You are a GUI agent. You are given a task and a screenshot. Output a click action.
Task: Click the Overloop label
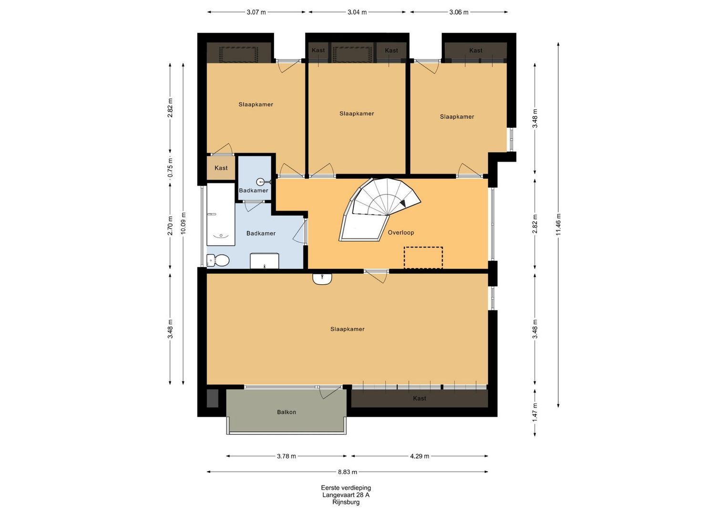point(401,233)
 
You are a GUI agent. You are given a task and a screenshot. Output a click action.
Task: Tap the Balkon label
point(287,412)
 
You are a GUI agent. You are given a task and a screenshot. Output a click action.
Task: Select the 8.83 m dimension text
point(348,472)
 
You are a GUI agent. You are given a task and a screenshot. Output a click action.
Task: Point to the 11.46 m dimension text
point(558,224)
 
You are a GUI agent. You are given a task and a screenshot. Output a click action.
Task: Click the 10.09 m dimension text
point(183,223)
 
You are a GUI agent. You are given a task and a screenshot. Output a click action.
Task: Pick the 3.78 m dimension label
point(287,456)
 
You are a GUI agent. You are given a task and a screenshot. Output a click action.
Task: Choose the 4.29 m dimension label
point(420,456)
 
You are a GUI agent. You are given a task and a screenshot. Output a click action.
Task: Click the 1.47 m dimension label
point(535,412)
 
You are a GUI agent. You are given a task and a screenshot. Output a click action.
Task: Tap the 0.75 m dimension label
point(170,168)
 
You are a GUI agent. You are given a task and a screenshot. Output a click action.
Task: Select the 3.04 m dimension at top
point(357,12)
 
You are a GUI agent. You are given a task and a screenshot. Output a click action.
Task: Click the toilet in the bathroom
point(218,260)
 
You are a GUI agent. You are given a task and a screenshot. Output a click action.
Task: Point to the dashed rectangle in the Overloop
point(423,257)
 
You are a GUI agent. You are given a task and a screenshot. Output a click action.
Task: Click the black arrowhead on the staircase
point(403,203)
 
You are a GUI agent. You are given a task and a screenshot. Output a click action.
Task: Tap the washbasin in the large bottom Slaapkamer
point(322,278)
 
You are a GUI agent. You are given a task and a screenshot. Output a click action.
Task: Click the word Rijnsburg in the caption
point(346,502)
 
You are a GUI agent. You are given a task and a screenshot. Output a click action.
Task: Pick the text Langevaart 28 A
point(346,495)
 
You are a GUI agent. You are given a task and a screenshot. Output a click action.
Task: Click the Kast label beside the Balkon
point(419,398)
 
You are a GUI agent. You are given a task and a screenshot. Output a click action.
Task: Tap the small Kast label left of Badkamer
point(221,168)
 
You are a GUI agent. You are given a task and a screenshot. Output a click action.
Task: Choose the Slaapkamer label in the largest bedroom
point(348,329)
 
